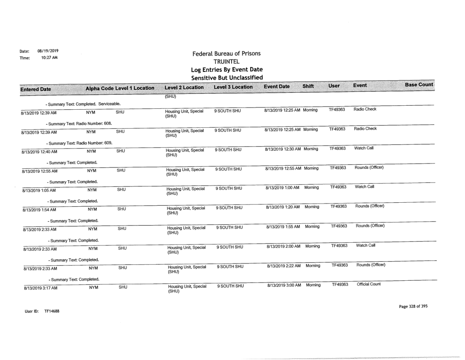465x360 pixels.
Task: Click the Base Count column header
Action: [x=419, y=85]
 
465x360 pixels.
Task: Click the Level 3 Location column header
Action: [x=233, y=87]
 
